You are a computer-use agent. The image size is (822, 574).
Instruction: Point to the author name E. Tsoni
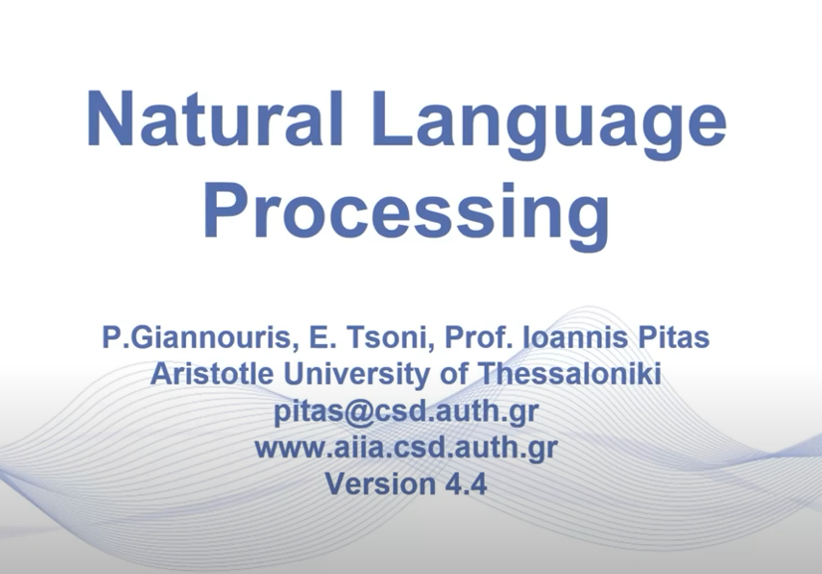tap(342, 338)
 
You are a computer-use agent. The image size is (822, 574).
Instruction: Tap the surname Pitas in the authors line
tap(672, 338)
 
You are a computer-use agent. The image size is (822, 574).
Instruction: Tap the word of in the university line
tap(452, 374)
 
